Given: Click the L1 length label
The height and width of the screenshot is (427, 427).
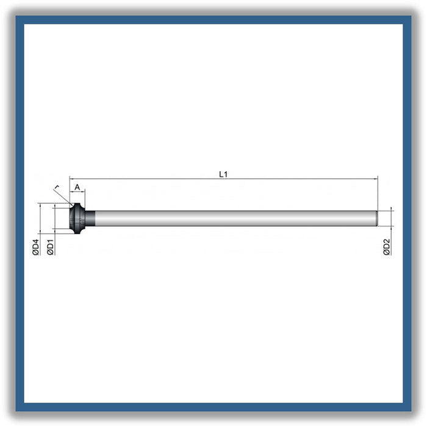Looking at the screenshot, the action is pyautogui.click(x=223, y=174).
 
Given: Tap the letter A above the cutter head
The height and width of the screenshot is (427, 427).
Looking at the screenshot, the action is pyautogui.click(x=77, y=187).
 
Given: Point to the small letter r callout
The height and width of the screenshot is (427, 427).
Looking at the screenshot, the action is pyautogui.click(x=57, y=187).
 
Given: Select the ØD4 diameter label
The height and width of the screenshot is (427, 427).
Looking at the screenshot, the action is pyautogui.click(x=35, y=247).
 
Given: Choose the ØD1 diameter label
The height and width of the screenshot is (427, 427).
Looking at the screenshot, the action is pyautogui.click(x=51, y=247).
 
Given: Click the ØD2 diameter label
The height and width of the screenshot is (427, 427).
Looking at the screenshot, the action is pyautogui.click(x=387, y=247).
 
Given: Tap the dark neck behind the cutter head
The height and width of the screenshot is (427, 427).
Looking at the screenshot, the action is pyautogui.click(x=90, y=218).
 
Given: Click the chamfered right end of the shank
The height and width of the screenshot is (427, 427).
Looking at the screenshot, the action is pyautogui.click(x=377, y=218).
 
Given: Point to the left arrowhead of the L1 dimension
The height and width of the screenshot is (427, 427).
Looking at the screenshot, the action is pyautogui.click(x=71, y=179).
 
